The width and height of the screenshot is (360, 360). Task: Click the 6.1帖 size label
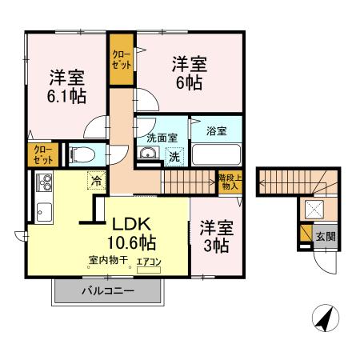[x=67, y=96]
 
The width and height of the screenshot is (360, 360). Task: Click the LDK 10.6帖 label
[x=133, y=232]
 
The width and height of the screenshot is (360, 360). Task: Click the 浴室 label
[x=215, y=130]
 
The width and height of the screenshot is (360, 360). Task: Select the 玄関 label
[x=324, y=236]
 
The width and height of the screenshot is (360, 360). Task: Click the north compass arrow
[x=322, y=319]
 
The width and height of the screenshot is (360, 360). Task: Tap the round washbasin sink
[x=147, y=154]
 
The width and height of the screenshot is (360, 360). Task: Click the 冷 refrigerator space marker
[x=96, y=181]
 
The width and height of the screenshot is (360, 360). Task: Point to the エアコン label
[x=149, y=262]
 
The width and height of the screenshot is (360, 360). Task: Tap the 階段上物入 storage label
[x=228, y=181]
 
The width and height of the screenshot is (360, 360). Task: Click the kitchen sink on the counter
[x=43, y=212]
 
